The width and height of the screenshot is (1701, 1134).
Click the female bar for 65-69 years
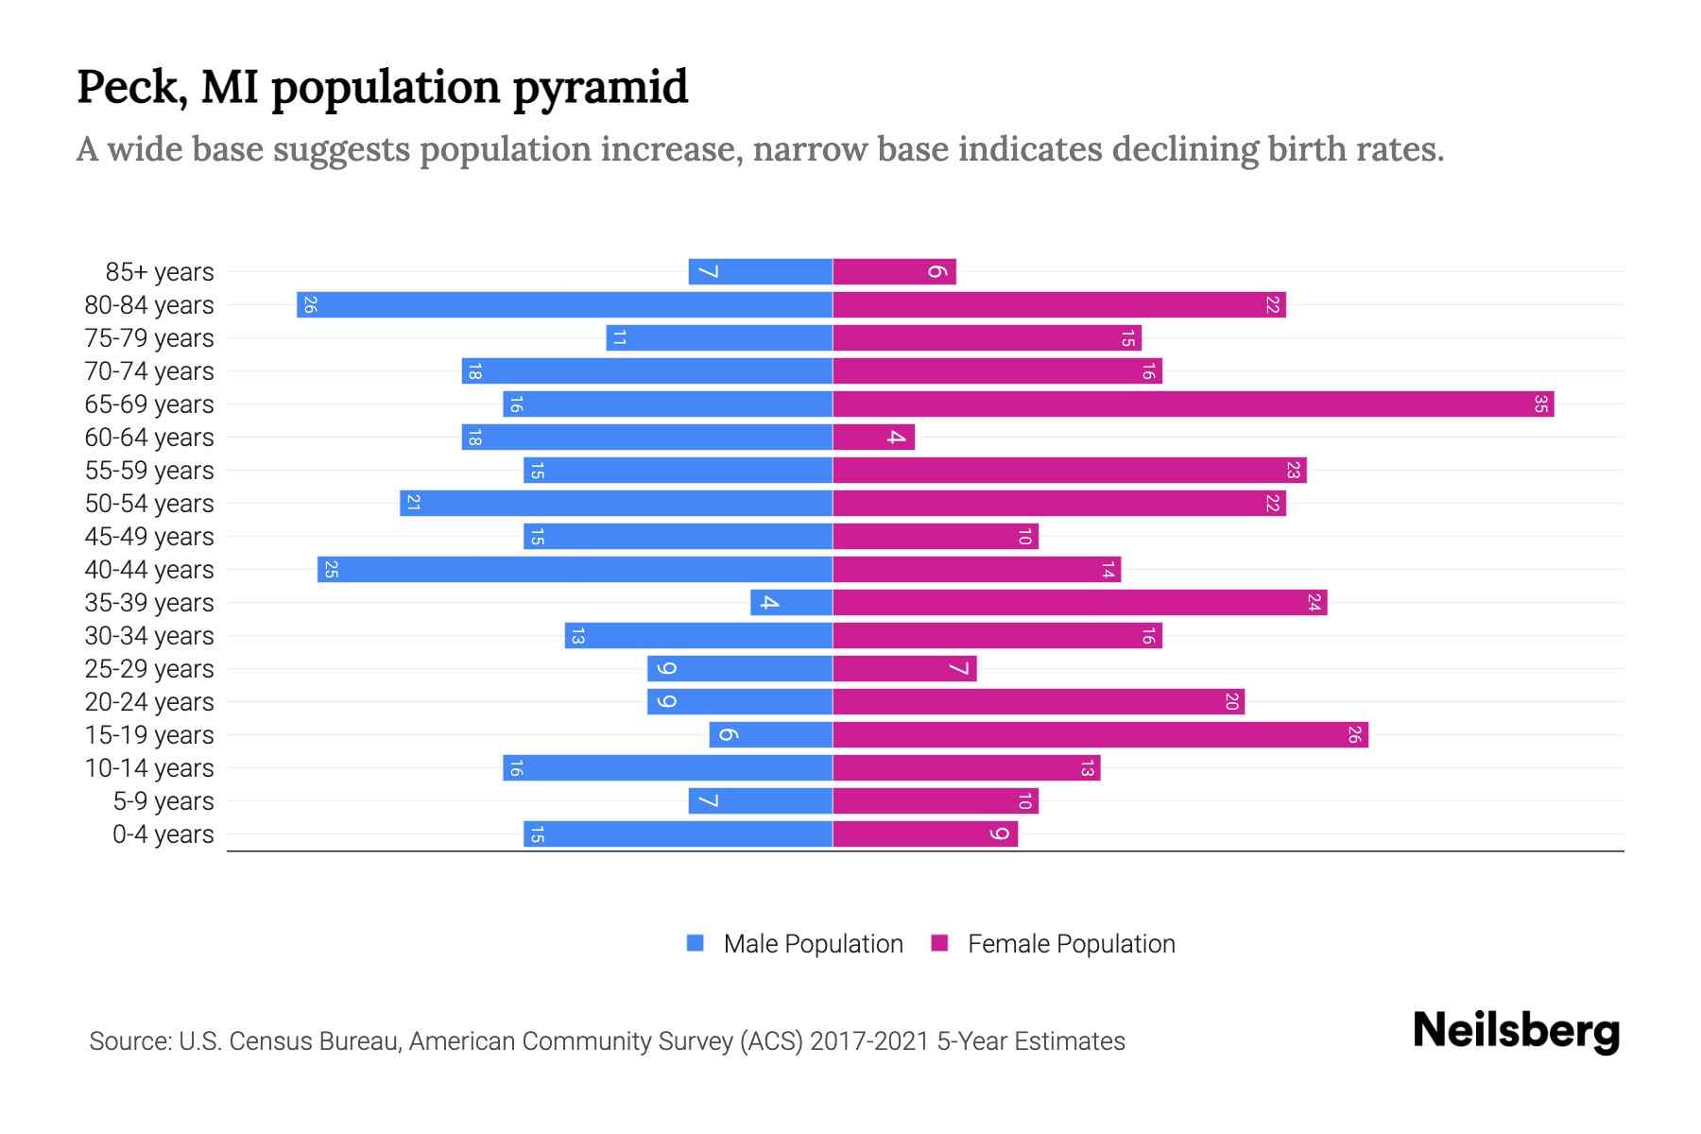[x=1193, y=404]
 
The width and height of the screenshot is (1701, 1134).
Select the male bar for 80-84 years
[x=564, y=305]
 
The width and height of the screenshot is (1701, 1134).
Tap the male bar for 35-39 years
[x=791, y=603]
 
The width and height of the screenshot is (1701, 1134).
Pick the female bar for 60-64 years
[x=873, y=438]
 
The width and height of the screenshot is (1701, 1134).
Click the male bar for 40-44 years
[x=575, y=570]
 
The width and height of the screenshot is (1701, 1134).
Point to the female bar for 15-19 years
[x=1100, y=735]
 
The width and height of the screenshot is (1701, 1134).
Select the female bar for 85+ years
[x=894, y=272]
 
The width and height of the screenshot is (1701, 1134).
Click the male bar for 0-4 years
[x=678, y=834]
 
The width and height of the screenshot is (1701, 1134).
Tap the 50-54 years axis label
[x=149, y=504]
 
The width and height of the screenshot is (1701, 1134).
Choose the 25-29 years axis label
[x=149, y=669]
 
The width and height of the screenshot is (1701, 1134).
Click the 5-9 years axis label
[x=163, y=801]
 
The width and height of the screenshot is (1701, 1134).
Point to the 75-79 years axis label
[x=149, y=338]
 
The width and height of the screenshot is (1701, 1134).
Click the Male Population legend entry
[x=812, y=944]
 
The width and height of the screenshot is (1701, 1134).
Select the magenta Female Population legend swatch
[x=939, y=943]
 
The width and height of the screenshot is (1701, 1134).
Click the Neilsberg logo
[x=1516, y=1031]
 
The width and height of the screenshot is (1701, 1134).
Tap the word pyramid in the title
[x=600, y=88]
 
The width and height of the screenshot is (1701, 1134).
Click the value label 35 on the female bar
[x=1540, y=404]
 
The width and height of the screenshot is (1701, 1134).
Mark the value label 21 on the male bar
[x=413, y=504]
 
